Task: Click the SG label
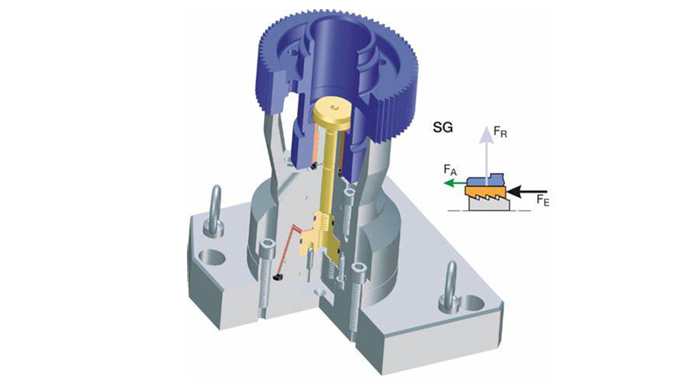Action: click(x=443, y=128)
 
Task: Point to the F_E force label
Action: click(x=543, y=200)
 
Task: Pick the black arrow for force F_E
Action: click(x=527, y=191)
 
